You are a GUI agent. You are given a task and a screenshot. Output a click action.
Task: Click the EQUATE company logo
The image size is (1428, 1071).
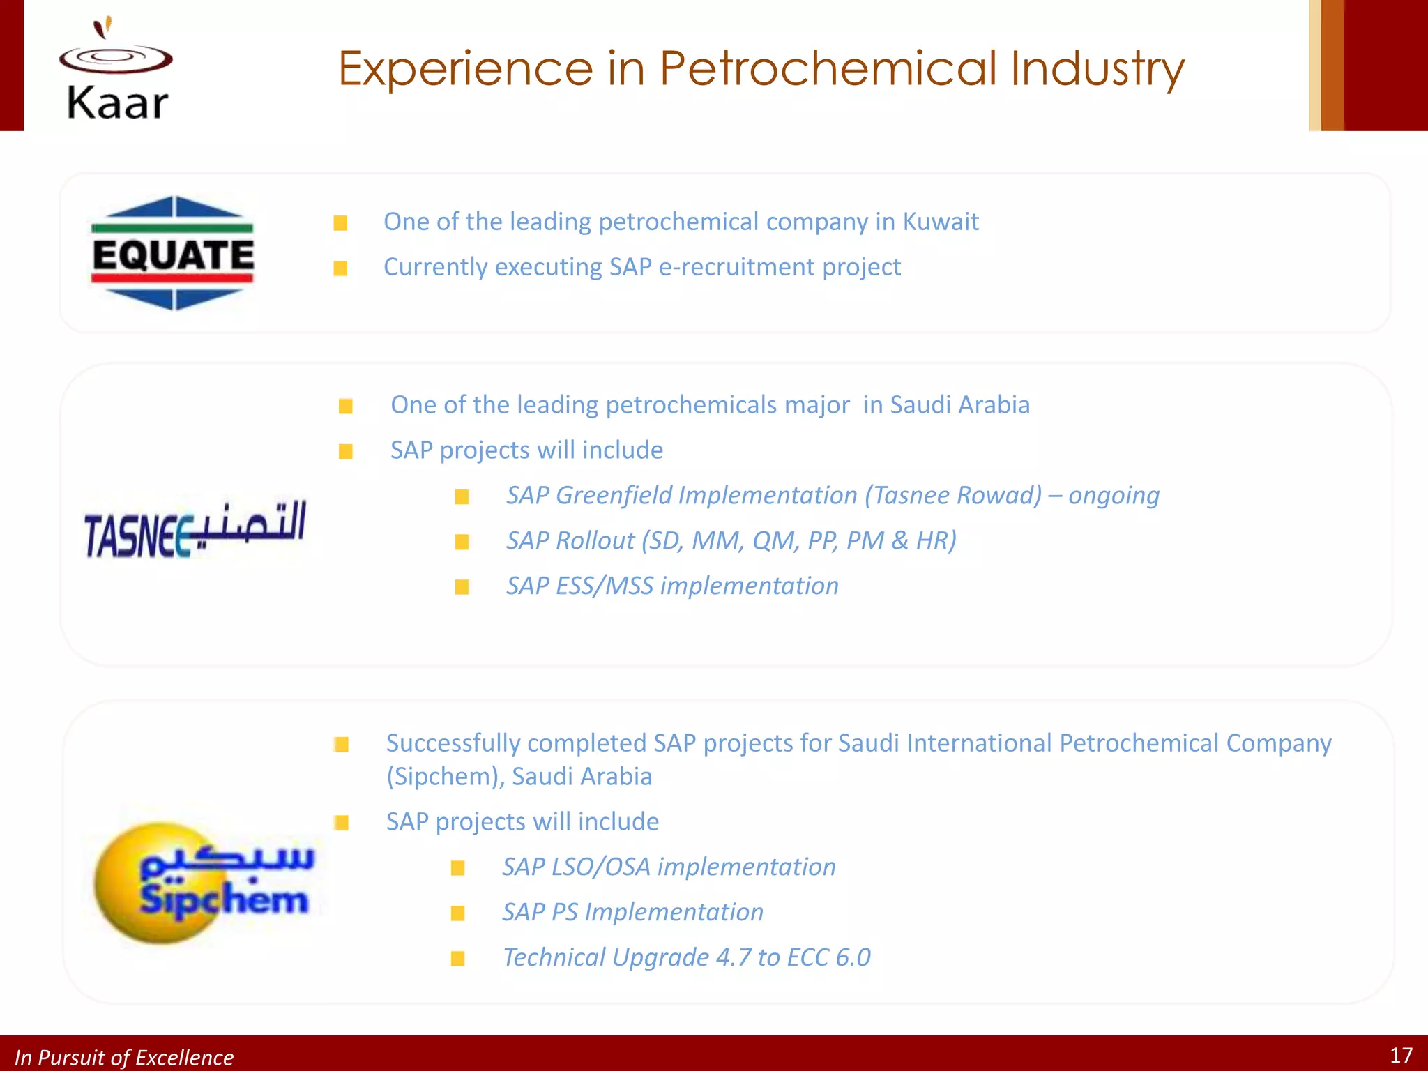(173, 253)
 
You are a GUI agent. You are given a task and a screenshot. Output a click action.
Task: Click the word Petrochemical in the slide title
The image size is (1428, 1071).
(828, 68)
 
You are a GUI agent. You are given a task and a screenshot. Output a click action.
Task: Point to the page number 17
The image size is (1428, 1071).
(1401, 1055)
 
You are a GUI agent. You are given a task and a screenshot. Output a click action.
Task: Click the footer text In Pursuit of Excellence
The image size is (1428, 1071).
(124, 1058)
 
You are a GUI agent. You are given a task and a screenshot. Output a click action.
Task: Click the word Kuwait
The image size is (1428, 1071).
(941, 222)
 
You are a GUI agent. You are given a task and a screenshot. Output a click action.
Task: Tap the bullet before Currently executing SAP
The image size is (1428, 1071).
(340, 268)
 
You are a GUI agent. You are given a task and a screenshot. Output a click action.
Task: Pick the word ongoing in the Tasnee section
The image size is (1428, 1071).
(1114, 496)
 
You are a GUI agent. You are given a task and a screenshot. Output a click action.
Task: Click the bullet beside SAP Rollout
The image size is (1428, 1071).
(462, 542)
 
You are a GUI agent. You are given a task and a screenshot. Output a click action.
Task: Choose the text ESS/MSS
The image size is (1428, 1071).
(605, 586)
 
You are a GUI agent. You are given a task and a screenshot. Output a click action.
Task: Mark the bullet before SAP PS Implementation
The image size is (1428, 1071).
(457, 913)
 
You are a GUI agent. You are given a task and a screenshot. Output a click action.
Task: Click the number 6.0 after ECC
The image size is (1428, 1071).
(853, 958)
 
